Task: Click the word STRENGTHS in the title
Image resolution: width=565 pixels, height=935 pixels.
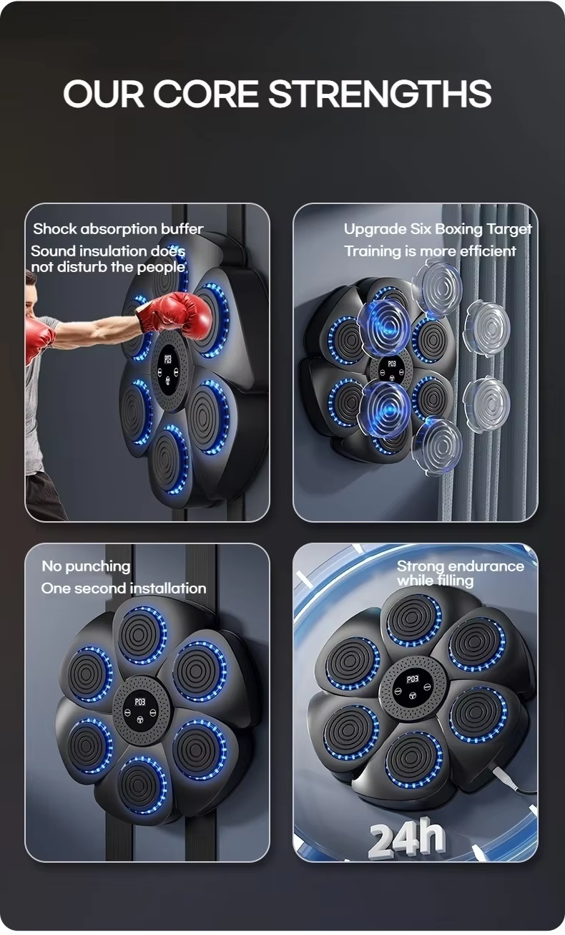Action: tap(380, 94)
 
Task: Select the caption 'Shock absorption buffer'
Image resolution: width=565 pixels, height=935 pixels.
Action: tap(118, 229)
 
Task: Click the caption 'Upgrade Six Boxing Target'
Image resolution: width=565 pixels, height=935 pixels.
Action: tap(438, 229)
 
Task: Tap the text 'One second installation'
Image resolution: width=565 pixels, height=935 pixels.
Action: tap(124, 588)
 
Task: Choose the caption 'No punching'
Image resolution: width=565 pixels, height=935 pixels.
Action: tap(86, 566)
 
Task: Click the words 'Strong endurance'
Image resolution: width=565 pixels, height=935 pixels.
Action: tap(461, 566)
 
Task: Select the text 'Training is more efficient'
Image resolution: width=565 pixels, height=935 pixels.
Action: tap(430, 251)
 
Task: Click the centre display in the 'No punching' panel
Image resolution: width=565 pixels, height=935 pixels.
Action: tap(140, 709)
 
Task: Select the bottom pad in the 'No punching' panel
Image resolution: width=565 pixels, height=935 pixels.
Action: tap(142, 785)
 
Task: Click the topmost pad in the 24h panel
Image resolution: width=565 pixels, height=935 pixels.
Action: tap(413, 620)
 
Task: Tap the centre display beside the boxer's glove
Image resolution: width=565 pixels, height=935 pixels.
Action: tap(169, 368)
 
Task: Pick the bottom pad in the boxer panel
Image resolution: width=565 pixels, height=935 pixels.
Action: tap(169, 460)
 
